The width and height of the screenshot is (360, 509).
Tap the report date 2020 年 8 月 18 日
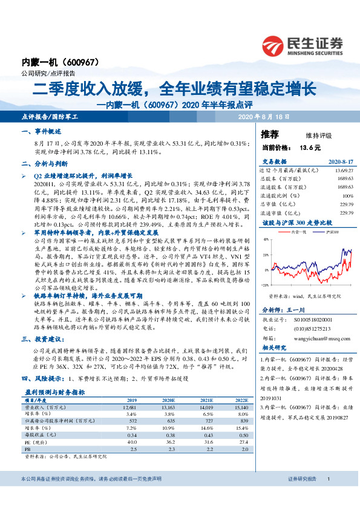tap(264, 115)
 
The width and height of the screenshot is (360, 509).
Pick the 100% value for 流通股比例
tap(347, 196)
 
